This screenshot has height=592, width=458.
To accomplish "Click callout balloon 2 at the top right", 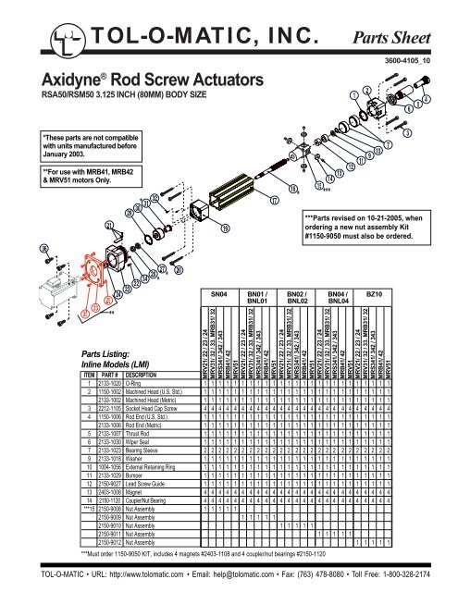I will coord(367,91).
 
